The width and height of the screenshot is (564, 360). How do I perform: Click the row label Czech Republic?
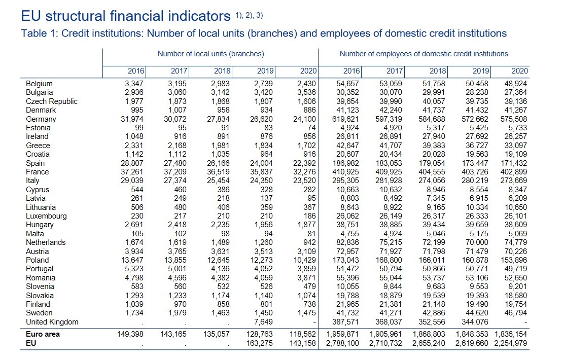point(51,101)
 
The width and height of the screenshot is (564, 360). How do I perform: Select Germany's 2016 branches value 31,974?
point(132,119)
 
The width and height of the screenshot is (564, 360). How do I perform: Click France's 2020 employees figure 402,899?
point(514,172)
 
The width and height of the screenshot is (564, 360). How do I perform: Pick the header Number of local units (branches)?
point(211,54)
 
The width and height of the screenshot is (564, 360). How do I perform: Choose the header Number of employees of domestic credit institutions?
point(424,54)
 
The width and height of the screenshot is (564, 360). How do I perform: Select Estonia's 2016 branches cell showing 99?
point(139,128)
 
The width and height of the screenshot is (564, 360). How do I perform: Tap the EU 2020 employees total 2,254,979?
point(510,343)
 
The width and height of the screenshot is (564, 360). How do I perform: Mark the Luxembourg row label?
point(46,216)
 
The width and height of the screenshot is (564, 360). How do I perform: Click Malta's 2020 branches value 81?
point(311,234)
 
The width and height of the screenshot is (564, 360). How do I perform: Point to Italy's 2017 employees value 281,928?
point(389,181)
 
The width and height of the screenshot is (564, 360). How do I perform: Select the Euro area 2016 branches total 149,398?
point(130,334)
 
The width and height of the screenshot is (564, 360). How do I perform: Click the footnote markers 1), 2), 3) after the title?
point(249,15)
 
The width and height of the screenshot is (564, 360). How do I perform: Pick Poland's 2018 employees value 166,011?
point(432,260)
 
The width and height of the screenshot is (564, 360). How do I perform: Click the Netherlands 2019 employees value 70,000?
point(477,242)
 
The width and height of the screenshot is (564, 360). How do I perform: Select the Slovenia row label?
point(40,286)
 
